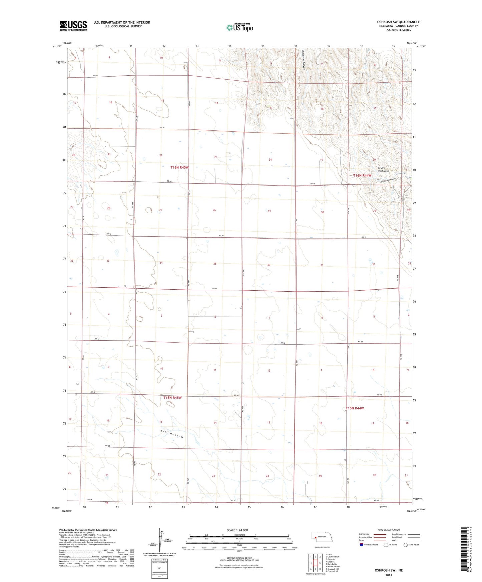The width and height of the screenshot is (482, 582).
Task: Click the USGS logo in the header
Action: [73, 26]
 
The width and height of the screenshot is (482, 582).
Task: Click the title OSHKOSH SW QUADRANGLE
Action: [398, 22]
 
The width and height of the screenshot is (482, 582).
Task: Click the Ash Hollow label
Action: [172, 434]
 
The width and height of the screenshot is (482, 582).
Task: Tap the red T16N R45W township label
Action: [179, 168]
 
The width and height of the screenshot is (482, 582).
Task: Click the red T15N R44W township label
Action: [354, 408]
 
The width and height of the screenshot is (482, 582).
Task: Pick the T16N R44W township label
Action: [362, 175]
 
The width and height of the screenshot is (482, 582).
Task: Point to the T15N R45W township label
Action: [172, 398]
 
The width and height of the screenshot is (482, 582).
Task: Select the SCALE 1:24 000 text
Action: [237, 530]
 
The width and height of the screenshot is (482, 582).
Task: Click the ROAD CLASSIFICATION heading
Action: [389, 530]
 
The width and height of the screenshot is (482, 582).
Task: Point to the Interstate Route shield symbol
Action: [362, 545]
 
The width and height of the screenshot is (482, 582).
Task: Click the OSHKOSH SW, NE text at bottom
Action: [388, 570]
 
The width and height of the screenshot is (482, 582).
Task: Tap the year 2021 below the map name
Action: [388, 575]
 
